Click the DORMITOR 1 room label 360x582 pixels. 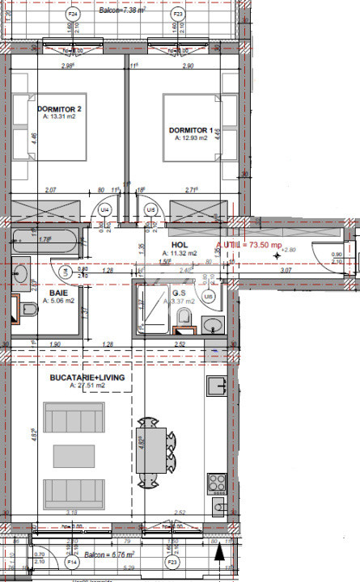tap(191, 130)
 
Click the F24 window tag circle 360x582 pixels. tap(73, 15)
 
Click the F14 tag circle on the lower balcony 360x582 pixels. tap(72, 561)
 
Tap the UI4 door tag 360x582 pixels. tap(104, 210)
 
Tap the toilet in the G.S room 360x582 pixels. tap(185, 317)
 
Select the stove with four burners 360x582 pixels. tap(218, 483)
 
